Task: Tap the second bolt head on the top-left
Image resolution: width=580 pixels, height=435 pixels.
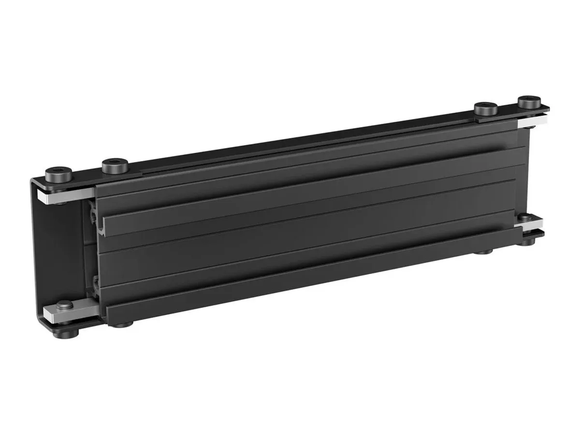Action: click(x=115, y=166)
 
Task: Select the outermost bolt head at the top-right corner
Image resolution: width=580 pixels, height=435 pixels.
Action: click(x=529, y=103)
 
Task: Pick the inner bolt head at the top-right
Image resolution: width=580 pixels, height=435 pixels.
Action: click(x=485, y=109)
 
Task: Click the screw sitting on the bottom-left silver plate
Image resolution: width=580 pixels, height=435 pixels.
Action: click(x=64, y=305)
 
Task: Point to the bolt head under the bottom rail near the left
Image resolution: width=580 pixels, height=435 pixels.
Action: click(x=127, y=323)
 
